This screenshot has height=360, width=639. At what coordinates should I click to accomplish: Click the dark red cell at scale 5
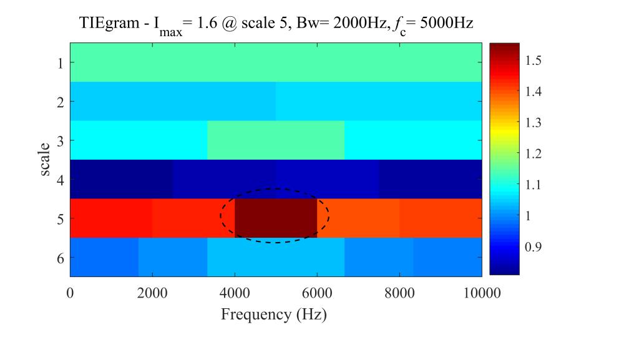(x=276, y=218)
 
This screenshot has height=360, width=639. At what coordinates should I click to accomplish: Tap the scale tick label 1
(x=60, y=62)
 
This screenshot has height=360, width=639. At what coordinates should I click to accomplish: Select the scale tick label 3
(x=60, y=140)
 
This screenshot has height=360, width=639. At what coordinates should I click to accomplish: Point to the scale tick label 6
(x=60, y=257)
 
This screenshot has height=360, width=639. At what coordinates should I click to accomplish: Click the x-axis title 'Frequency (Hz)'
(x=274, y=314)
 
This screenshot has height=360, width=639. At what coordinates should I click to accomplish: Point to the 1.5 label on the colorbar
(x=534, y=61)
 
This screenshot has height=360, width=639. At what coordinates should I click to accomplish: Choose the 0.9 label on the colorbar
(x=534, y=247)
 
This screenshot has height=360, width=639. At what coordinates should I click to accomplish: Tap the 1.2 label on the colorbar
(x=534, y=153)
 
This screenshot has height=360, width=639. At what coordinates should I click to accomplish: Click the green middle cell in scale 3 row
(x=276, y=140)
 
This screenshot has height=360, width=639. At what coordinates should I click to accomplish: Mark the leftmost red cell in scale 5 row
(x=110, y=218)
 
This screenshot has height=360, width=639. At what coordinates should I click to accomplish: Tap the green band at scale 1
(x=276, y=62)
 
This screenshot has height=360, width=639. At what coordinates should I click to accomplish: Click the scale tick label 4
(x=60, y=179)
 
